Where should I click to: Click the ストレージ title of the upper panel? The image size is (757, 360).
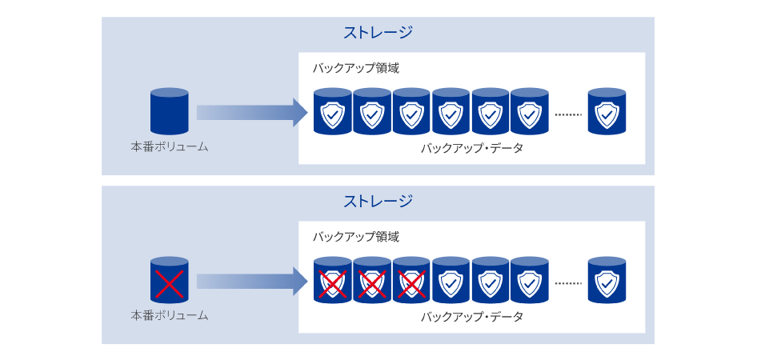[x=378, y=33]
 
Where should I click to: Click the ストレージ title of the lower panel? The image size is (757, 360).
[x=378, y=201]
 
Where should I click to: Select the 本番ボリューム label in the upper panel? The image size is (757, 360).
[x=170, y=147]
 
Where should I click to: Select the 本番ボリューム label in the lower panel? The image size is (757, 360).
[x=170, y=316]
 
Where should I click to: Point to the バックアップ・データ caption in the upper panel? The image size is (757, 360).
[x=472, y=149]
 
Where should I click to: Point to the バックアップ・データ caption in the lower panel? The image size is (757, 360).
[x=472, y=318]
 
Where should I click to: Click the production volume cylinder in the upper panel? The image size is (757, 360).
[x=170, y=111]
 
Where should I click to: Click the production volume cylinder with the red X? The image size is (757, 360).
[x=170, y=280]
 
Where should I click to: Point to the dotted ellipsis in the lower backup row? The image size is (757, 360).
[x=568, y=283]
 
